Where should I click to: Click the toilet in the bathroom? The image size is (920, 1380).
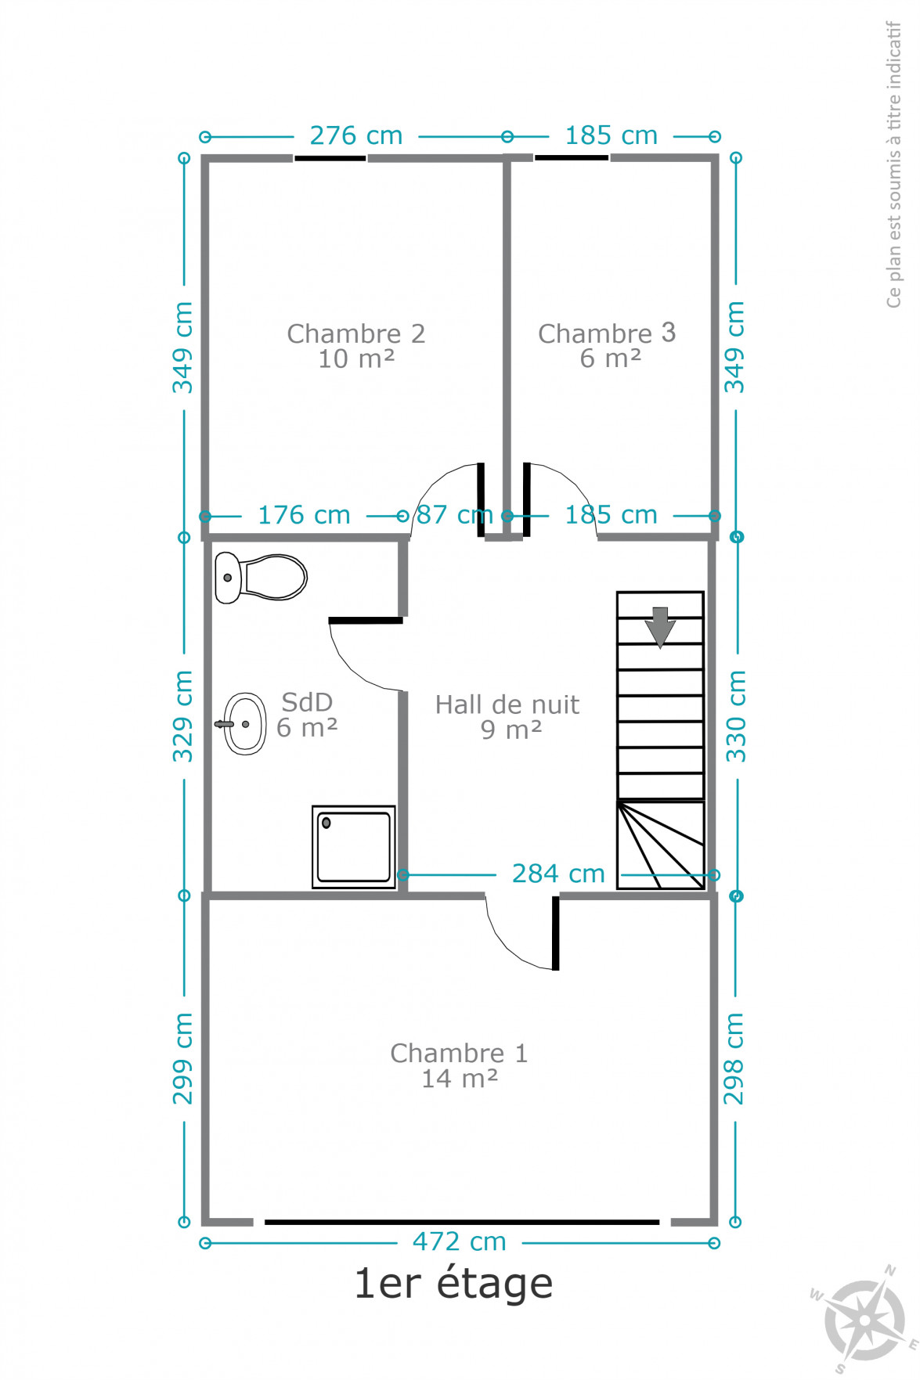coord(261,578)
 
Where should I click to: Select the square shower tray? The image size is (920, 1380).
coord(354,847)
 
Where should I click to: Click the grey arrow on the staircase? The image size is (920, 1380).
coord(660,627)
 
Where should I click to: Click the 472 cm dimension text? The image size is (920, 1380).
coord(460,1241)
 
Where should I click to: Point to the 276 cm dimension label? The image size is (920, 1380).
coord(356,135)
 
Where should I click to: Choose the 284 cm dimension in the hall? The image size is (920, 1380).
coord(558,874)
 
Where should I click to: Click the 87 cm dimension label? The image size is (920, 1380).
coord(454,515)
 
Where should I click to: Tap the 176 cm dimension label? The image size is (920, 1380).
coord(304,515)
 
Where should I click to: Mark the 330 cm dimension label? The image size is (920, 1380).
coord(735,716)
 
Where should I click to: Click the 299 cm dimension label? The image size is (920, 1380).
coord(182,1059)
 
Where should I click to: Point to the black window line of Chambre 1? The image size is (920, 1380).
coord(462,1222)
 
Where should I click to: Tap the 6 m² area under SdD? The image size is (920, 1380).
coord(307,728)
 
